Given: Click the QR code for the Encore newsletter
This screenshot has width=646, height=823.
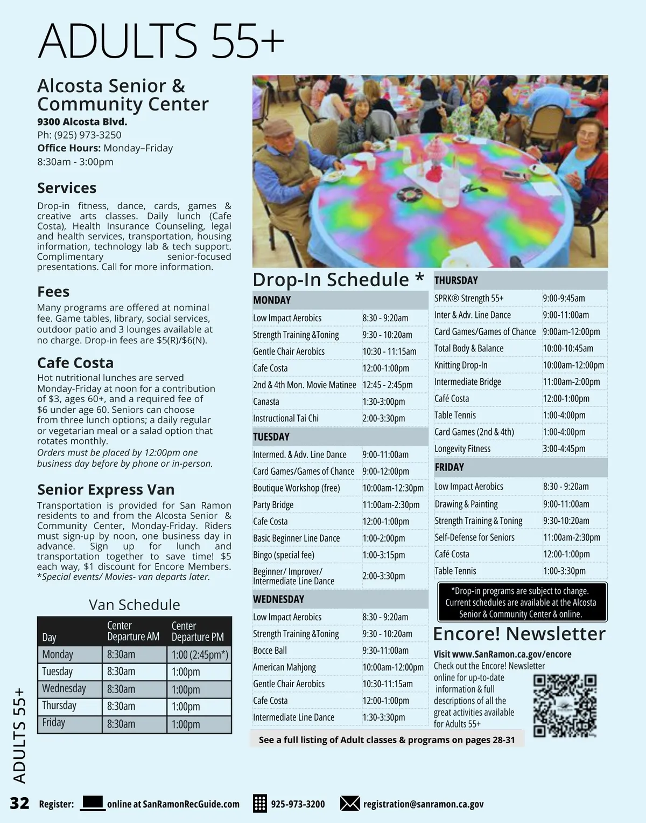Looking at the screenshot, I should (565, 705).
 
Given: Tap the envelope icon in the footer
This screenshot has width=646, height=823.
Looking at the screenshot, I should (350, 804).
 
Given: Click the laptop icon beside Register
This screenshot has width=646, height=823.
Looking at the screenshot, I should (93, 803).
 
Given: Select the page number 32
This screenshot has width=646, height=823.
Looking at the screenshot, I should (19, 803).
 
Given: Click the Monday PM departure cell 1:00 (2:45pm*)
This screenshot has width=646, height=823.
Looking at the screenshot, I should (199, 654).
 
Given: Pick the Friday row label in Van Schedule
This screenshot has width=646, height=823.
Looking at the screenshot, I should (54, 723).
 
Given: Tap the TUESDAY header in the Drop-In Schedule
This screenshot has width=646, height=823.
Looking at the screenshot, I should (271, 437).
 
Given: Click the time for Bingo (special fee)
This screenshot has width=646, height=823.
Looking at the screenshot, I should (383, 555).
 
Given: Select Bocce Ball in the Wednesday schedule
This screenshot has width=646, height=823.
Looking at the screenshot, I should (270, 651).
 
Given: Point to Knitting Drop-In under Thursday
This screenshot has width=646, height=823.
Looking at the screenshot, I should (461, 365).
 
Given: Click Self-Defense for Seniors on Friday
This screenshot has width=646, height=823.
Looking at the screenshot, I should (474, 537).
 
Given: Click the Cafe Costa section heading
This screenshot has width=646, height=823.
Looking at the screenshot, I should (75, 363).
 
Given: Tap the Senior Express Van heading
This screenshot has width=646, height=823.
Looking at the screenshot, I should (106, 489).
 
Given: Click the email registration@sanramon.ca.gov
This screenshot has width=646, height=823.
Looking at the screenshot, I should (423, 804).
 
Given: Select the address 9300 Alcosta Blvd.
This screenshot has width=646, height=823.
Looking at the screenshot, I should (82, 122).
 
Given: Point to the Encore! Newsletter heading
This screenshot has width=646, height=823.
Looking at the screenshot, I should (519, 634).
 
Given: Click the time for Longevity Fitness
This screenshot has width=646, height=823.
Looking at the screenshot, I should (564, 448).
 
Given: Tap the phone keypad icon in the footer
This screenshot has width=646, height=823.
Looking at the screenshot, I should (259, 804).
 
